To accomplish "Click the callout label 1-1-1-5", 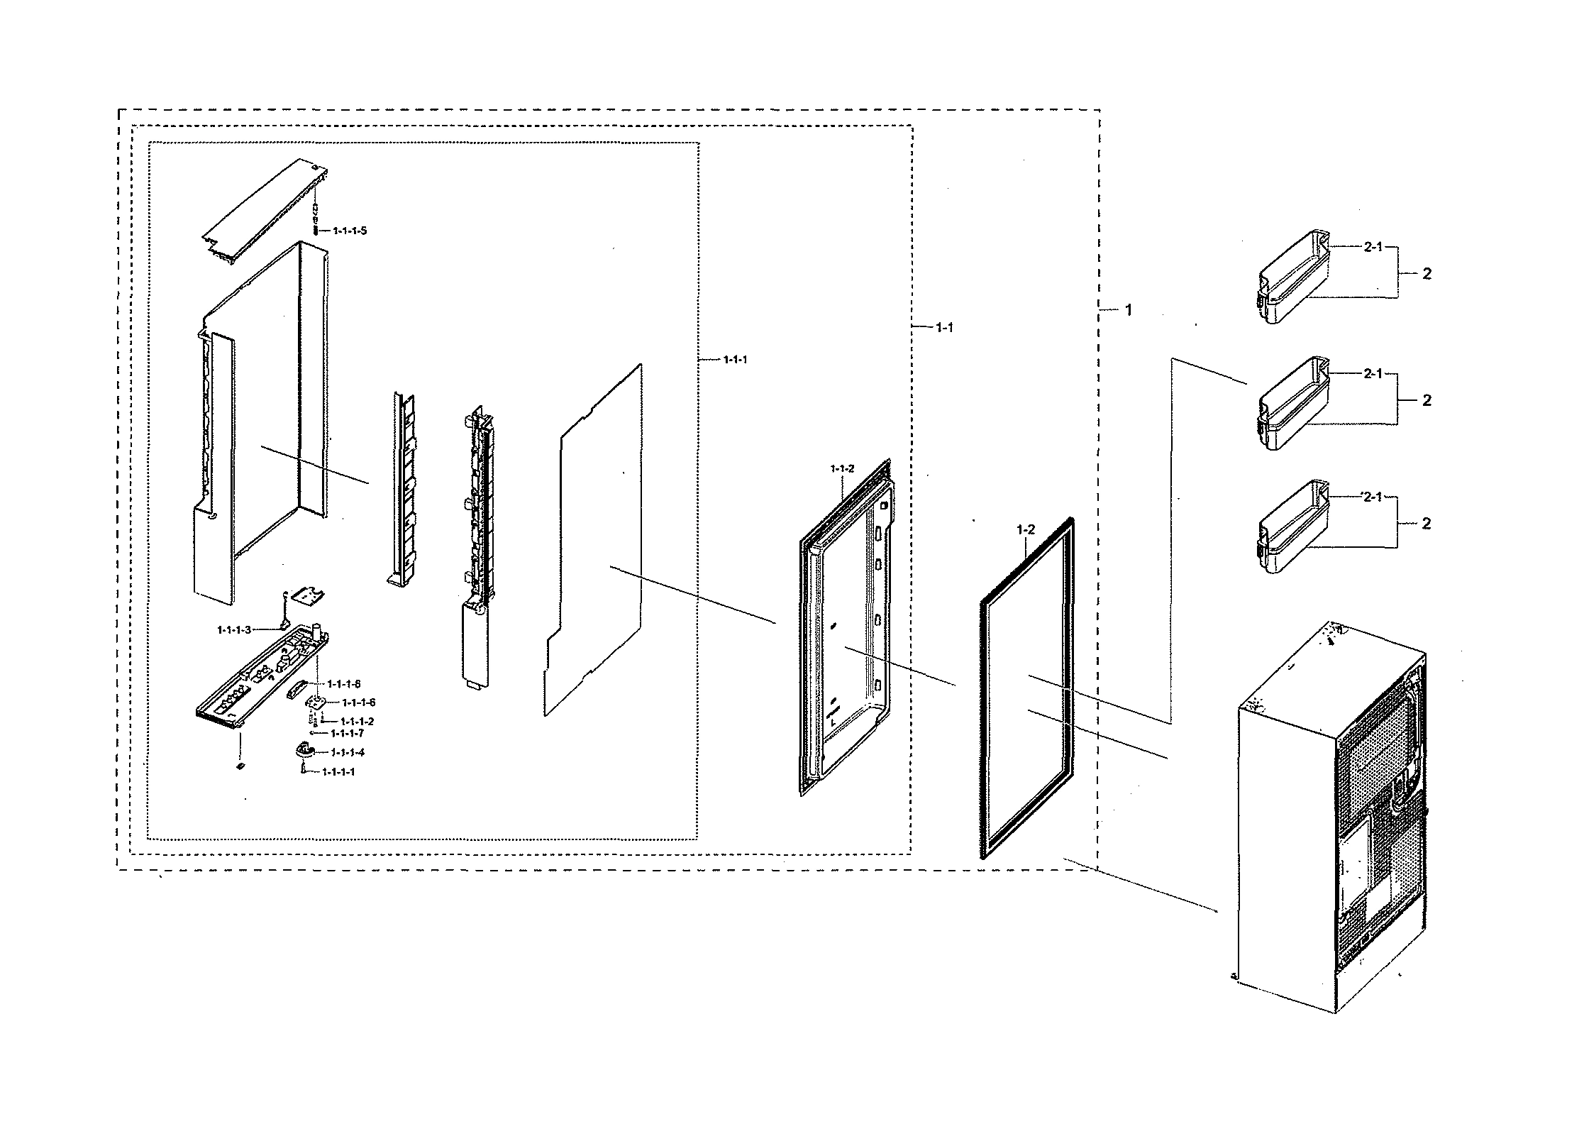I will (350, 231).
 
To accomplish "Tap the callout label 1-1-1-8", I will (344, 684).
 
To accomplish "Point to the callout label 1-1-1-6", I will (358, 702).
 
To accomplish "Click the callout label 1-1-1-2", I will (357, 722).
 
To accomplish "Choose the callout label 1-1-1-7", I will (347, 733).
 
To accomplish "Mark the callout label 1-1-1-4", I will (348, 752).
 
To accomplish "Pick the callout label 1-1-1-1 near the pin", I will (338, 772).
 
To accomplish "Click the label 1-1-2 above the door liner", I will (842, 469).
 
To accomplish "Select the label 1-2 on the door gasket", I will (1026, 530).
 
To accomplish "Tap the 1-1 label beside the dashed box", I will (944, 328).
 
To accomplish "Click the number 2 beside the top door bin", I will (1427, 275).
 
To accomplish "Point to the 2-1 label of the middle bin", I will (1373, 374).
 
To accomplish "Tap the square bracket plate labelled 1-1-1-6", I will (315, 702).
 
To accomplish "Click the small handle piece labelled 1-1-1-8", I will (295, 688).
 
